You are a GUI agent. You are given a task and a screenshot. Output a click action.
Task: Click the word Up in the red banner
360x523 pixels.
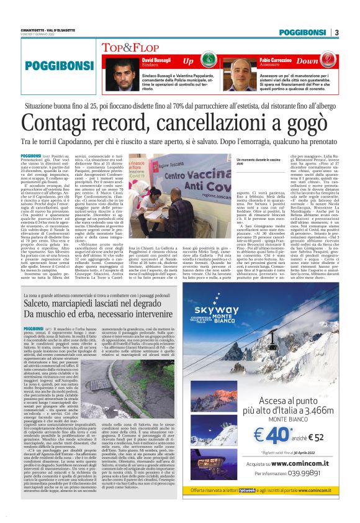[188, 61]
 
